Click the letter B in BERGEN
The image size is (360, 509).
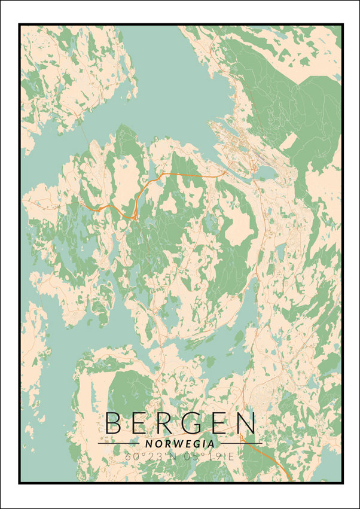pos(115,423)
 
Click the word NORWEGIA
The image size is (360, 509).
pos(179,444)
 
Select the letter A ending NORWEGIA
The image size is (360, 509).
pos(211,444)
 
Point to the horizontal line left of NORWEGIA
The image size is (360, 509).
pos(120,444)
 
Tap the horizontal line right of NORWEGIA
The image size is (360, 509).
pos(239,444)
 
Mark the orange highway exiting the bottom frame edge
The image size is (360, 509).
pos(289,480)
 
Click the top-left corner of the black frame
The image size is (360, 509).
pos(20,25)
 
